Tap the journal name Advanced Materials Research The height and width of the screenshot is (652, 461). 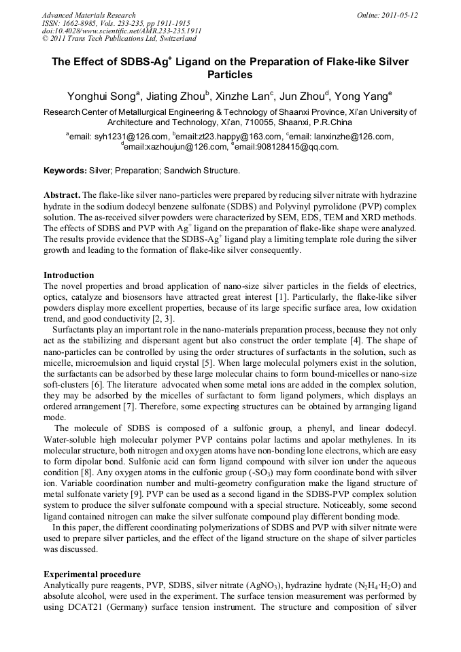88,15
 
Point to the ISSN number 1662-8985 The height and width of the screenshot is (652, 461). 80,23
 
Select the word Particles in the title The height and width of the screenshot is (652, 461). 230,75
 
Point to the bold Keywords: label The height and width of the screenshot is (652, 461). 65,170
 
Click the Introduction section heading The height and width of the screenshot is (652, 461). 69,275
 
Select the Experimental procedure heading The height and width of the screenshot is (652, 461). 92,574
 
